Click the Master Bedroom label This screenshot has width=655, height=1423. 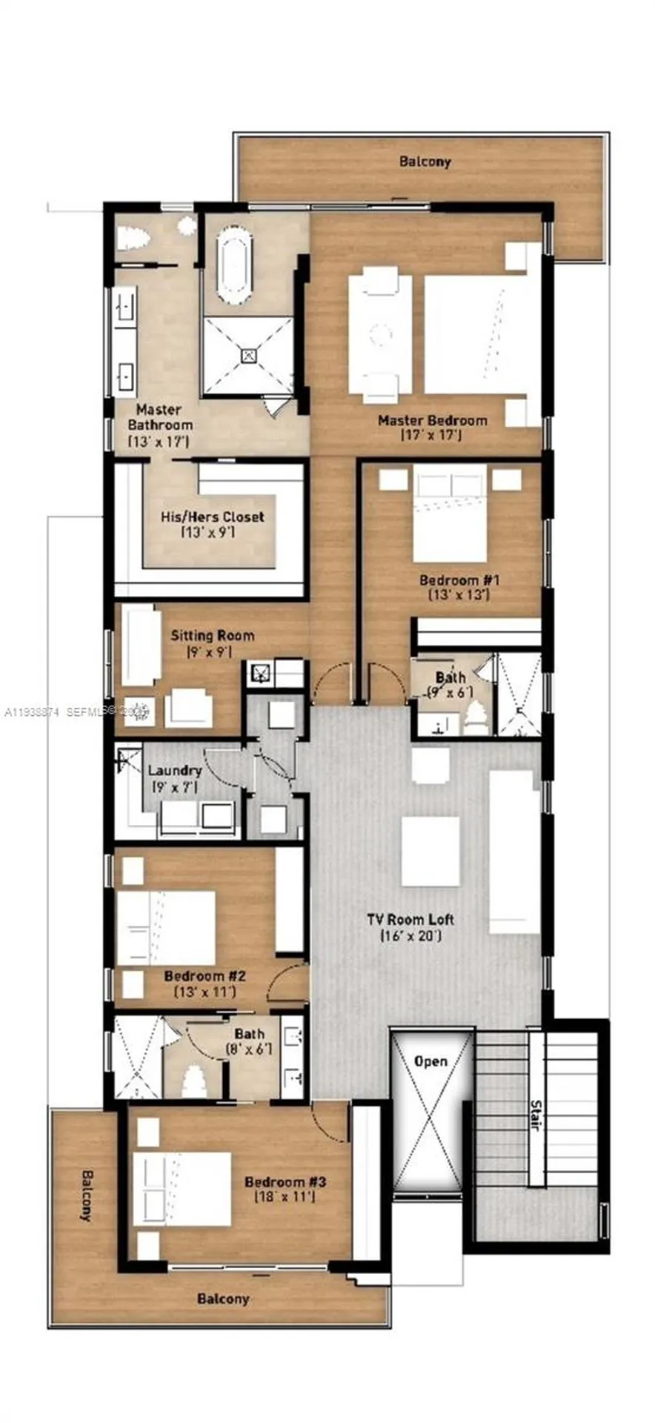(x=432, y=420)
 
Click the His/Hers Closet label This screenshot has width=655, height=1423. (x=212, y=517)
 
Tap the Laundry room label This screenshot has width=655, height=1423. (x=175, y=771)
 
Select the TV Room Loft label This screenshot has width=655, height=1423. (x=410, y=919)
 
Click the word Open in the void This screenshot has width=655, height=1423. (x=430, y=1061)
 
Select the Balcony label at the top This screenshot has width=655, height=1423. (x=425, y=161)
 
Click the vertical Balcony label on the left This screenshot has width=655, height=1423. (x=87, y=1195)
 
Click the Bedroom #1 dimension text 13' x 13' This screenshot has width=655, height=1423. (x=453, y=594)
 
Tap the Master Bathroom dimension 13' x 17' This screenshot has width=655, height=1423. (x=159, y=441)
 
